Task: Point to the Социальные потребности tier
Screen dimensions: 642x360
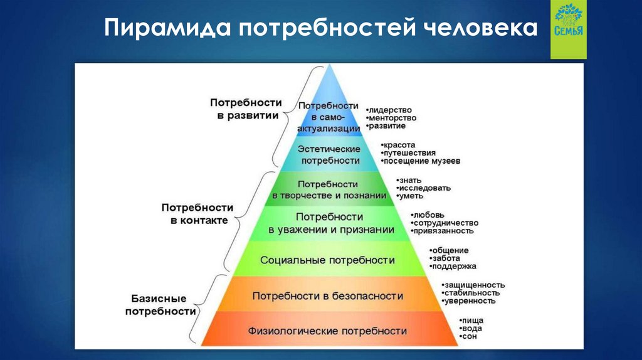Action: [x=327, y=260]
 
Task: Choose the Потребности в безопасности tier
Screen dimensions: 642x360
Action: [x=327, y=295]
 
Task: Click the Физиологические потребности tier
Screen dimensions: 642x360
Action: [x=327, y=331]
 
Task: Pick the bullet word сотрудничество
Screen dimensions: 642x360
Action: [x=446, y=223]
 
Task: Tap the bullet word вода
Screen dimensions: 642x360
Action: [x=471, y=329]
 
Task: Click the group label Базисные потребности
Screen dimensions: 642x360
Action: [x=160, y=305]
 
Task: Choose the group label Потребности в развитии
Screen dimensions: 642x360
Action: [x=245, y=109]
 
